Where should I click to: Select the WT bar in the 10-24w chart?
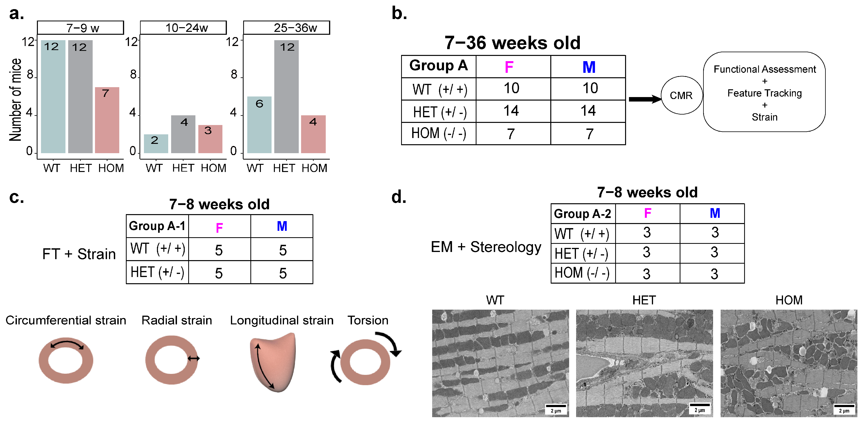point(156,144)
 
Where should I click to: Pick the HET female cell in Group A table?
point(511,111)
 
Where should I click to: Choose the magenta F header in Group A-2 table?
point(647,213)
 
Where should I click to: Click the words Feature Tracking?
point(764,93)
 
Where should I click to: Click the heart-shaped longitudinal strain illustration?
point(273,362)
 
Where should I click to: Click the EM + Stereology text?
point(486,247)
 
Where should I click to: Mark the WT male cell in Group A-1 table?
point(282,250)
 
